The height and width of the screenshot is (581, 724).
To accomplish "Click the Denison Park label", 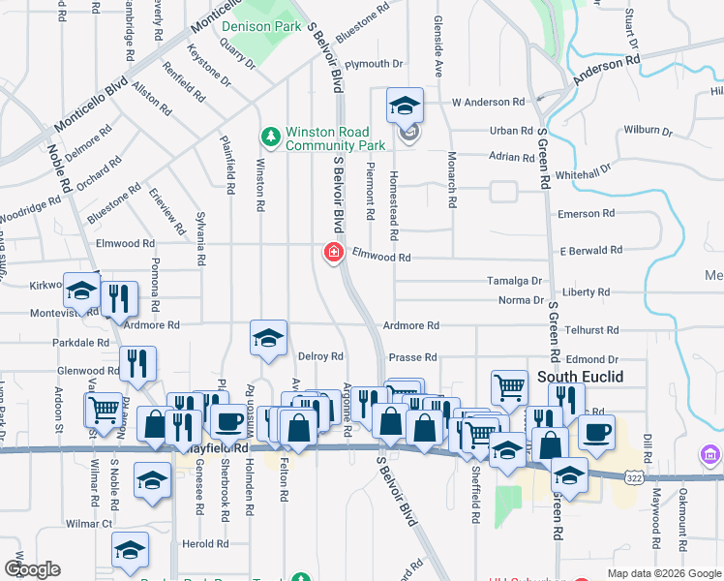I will coord(260,27).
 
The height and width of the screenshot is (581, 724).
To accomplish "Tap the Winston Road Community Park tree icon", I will coord(272,135).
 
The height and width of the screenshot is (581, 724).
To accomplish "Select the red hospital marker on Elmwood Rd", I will coord(332,254).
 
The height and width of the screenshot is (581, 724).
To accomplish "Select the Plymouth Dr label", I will coord(373,64).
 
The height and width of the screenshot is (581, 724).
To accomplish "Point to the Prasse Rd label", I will coord(413,356).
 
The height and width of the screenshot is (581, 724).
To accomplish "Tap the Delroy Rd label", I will coord(321,356).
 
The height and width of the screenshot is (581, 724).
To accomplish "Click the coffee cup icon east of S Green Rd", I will coord(596,431).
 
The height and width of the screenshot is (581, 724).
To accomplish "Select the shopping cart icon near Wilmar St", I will coord(103,409).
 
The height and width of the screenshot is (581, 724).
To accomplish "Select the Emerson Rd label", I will coord(587,213).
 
